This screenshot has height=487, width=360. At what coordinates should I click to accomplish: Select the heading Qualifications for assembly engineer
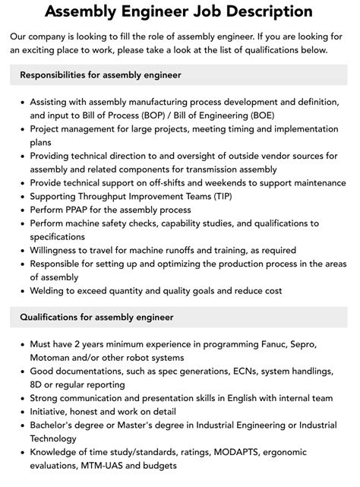coord(96,317)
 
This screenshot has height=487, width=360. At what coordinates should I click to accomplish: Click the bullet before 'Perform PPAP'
coord(23,210)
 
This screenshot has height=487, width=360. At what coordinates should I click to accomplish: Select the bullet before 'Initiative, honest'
coord(23,411)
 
